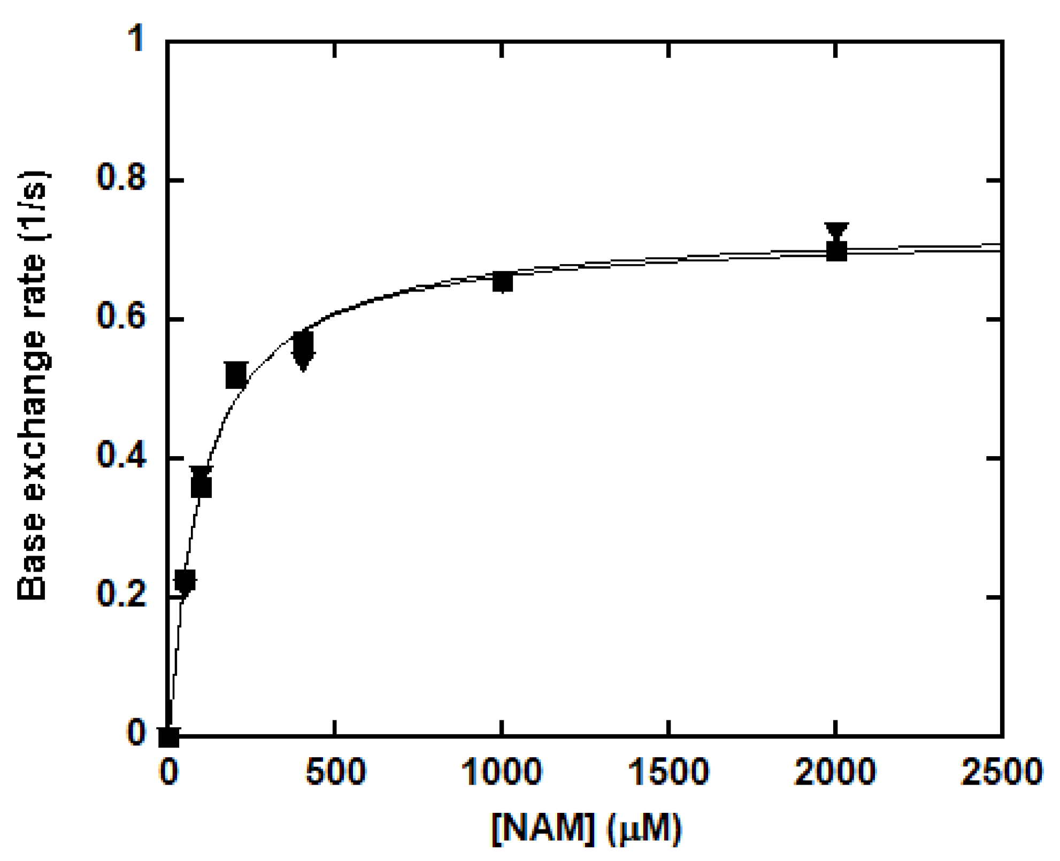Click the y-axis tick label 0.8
[x=121, y=178]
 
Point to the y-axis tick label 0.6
[x=121, y=317]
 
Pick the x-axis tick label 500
[x=335, y=772]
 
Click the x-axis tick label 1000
[x=502, y=772]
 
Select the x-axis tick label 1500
[x=669, y=772]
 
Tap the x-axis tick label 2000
[x=836, y=772]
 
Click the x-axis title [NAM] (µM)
[x=586, y=828]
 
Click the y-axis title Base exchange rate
[x=33, y=385]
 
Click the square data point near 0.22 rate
[x=185, y=580]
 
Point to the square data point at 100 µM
[x=202, y=487]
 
